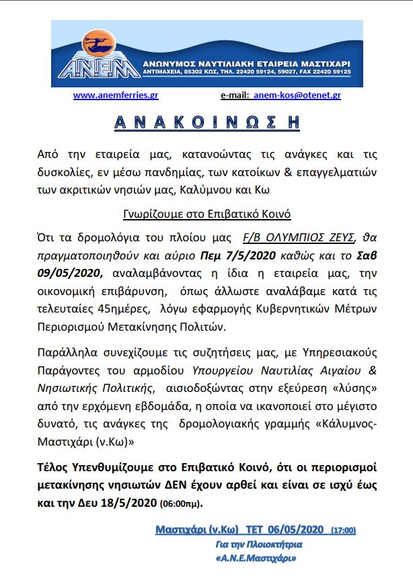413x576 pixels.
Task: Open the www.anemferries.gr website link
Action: (116, 95)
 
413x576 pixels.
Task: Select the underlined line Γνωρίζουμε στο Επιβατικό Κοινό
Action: (206, 214)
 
